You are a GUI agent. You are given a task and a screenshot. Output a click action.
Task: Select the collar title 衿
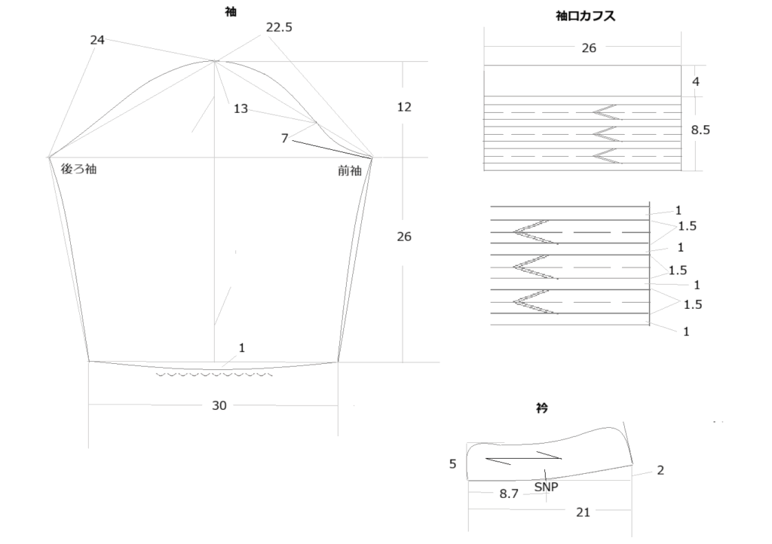[x=542, y=408]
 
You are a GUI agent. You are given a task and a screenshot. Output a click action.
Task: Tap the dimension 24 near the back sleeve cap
[x=97, y=40]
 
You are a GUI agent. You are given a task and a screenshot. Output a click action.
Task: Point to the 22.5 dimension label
[x=279, y=27]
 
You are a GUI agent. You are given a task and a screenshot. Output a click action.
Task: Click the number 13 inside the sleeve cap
[x=240, y=108]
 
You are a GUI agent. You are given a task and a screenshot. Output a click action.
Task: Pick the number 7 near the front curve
[x=284, y=138]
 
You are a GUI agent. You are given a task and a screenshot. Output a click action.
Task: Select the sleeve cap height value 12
[x=404, y=107]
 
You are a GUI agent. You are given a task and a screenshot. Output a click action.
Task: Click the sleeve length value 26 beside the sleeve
[x=404, y=237]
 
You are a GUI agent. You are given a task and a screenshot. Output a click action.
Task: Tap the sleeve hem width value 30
[x=219, y=405]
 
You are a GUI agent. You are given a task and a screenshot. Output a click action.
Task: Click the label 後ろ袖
[x=78, y=170]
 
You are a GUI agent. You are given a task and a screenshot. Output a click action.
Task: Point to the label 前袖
[x=350, y=171]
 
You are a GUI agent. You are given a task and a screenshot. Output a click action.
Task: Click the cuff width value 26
[x=589, y=47]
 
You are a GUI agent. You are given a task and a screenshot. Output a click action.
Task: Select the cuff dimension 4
[x=696, y=81]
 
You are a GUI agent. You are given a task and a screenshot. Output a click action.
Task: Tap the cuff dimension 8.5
[x=701, y=130]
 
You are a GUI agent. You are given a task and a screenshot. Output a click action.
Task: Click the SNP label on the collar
[x=546, y=487]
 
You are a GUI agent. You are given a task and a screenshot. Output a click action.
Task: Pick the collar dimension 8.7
[x=509, y=494]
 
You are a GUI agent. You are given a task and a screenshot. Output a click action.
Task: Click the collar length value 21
[x=583, y=512]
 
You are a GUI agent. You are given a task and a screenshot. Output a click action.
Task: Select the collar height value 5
[x=453, y=464]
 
